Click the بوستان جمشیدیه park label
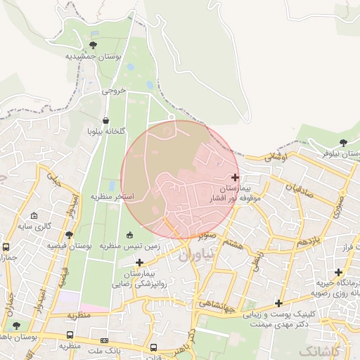click(x=94, y=56)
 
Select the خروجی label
click(x=113, y=90)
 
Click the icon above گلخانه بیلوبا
click(x=105, y=120)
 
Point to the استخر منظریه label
click(x=112, y=195)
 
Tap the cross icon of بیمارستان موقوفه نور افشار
click(x=235, y=176)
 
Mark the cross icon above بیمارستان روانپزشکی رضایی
click(x=140, y=262)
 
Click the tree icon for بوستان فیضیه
click(x=69, y=236)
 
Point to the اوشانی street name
click(x=276, y=160)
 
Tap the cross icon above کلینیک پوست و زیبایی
click(x=279, y=304)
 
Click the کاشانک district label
click(x=321, y=349)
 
